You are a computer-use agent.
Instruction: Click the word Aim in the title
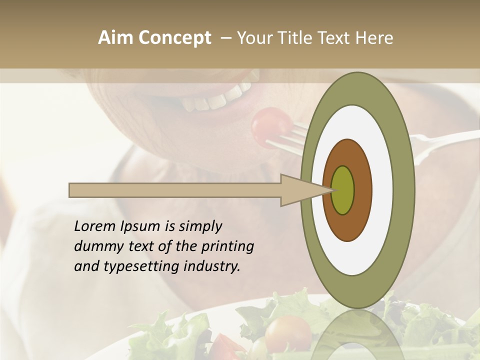tap(116, 37)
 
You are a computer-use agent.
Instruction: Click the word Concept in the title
tap(174, 38)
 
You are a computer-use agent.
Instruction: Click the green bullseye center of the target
tap(342, 190)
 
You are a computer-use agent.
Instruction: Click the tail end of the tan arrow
tap(71, 190)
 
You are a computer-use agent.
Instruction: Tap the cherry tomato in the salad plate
tap(287, 332)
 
